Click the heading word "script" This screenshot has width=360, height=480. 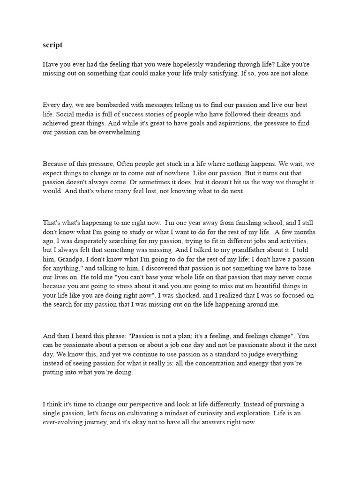coord(52,45)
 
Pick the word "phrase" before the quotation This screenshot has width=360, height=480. coord(114,336)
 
